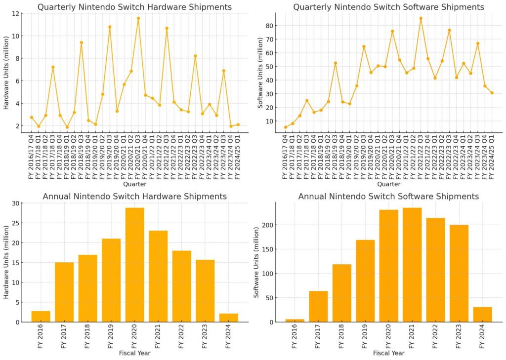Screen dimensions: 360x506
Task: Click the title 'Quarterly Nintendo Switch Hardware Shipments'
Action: pos(134,7)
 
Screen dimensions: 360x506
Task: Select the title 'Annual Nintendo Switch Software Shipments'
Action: pos(388,197)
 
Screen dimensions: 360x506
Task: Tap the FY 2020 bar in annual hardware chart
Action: pos(135,265)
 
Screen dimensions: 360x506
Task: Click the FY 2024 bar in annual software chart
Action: pos(482,315)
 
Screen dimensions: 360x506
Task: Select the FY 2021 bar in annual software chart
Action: pos(412,265)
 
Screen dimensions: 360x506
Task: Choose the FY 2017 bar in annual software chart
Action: pos(318,306)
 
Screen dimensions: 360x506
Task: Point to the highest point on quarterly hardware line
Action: pos(138,18)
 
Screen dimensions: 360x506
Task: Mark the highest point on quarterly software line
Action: pos(421,18)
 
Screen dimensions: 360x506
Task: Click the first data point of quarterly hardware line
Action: pos(32,118)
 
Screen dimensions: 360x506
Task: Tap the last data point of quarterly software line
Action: pos(492,93)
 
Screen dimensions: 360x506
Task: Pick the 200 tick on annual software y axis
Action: pos(268,225)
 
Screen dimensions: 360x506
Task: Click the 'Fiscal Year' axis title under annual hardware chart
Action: pos(134,353)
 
